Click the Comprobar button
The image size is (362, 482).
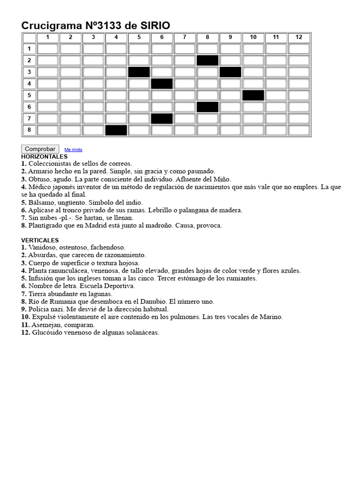coord(40,149)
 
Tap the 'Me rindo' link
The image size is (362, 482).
coord(73,150)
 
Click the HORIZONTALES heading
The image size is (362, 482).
coord(44,156)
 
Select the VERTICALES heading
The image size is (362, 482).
coord(40,240)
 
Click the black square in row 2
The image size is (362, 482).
coord(207,60)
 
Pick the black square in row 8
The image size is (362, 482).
coord(116,130)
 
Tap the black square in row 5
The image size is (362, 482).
coord(253,95)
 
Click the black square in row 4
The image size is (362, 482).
coord(162,84)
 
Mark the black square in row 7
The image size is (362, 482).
coord(162,119)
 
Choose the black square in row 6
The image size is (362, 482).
coord(207,107)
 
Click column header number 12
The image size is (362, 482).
coord(299,37)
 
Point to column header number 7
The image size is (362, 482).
coord(185,37)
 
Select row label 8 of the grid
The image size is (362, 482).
coord(29,130)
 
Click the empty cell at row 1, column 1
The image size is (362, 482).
coord(47,49)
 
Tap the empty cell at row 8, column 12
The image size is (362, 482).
coord(299,130)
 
